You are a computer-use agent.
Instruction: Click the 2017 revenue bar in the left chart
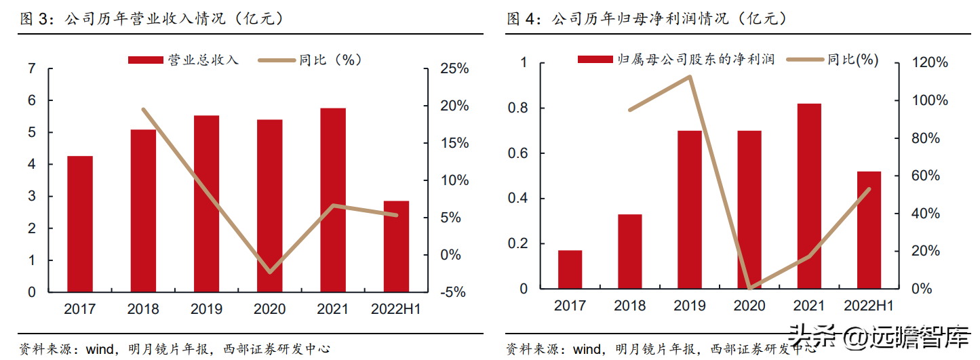pyautogui.click(x=79, y=224)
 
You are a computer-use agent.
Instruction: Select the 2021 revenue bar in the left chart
pyautogui.click(x=333, y=200)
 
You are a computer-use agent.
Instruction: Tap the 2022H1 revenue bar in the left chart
pyautogui.click(x=396, y=246)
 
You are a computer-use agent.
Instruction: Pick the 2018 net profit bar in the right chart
pyautogui.click(x=629, y=252)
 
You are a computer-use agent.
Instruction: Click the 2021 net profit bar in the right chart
pyautogui.click(x=809, y=196)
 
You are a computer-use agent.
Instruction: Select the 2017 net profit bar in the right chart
pyautogui.click(x=570, y=269)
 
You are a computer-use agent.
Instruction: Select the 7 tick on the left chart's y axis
pyautogui.click(x=32, y=68)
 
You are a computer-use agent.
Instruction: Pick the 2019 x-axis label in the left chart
pyautogui.click(x=206, y=309)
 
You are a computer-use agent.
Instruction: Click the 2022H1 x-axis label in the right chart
pyautogui.click(x=869, y=306)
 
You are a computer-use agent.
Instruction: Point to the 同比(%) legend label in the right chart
pyautogui.click(x=852, y=60)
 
